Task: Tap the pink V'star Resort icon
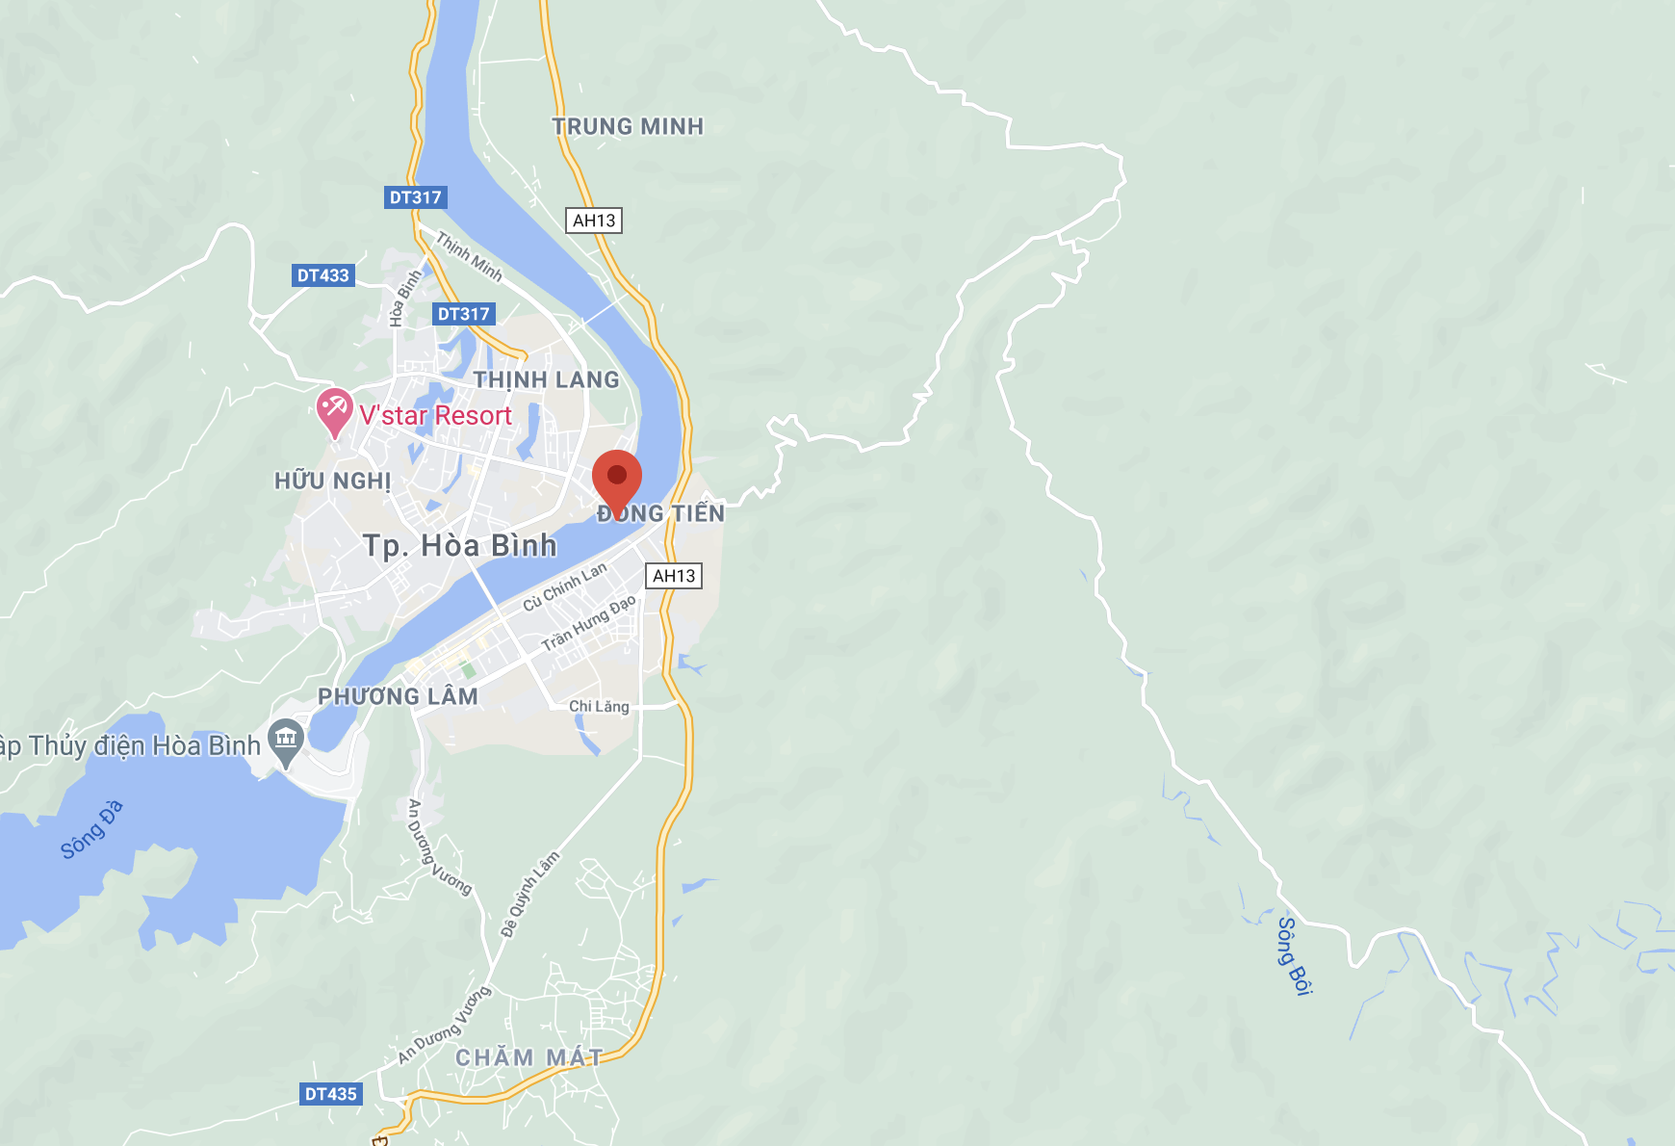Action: pos(334,410)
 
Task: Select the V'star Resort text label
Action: pos(435,416)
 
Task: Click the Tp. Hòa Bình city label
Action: pos(460,546)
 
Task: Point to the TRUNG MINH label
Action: pos(628,126)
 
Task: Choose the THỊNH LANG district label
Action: pos(546,380)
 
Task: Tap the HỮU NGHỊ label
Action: pos(333,481)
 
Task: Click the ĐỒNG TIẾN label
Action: pos(661,513)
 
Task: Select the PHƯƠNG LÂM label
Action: pos(398,696)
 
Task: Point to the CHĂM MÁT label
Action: pos(528,1057)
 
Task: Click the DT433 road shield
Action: pos(322,275)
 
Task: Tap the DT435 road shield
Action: pos(330,1094)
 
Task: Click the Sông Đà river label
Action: pos(92,829)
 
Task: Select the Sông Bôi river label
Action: pos(1294,954)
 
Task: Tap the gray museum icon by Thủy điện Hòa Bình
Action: pos(286,741)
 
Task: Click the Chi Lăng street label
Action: pos(599,706)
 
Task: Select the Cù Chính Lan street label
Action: pos(565,586)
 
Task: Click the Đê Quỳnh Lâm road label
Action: pos(529,895)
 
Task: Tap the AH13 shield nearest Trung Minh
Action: pos(593,221)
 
